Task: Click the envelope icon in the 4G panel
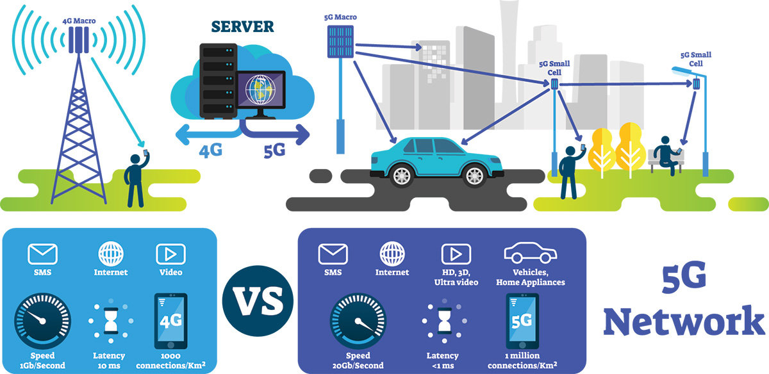pyautogui.click(x=43, y=254)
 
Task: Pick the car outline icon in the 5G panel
pyautogui.click(x=529, y=254)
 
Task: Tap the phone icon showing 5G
pyautogui.click(x=522, y=320)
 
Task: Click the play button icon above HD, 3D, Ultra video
pyautogui.click(x=456, y=254)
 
